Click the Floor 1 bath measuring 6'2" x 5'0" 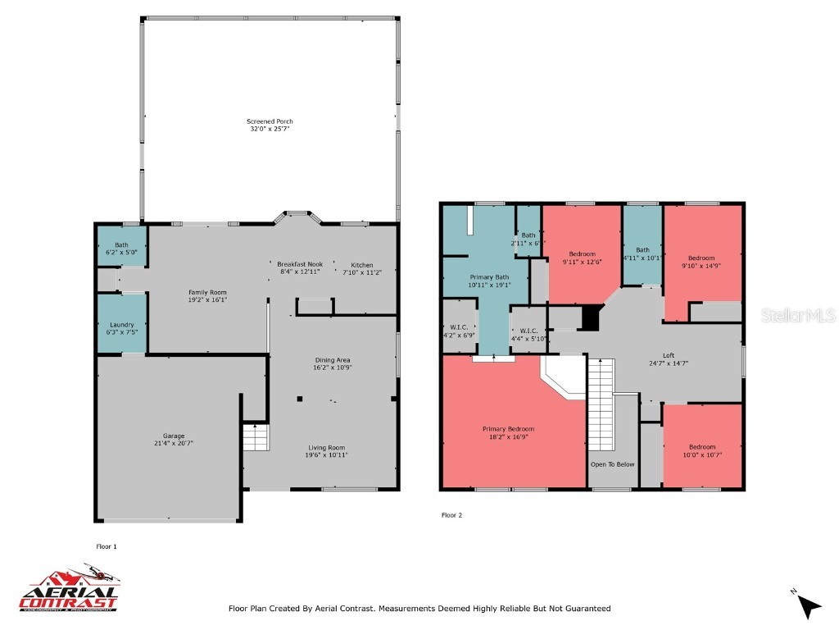point(121,249)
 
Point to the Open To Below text point(612,464)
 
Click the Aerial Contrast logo point(69,589)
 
